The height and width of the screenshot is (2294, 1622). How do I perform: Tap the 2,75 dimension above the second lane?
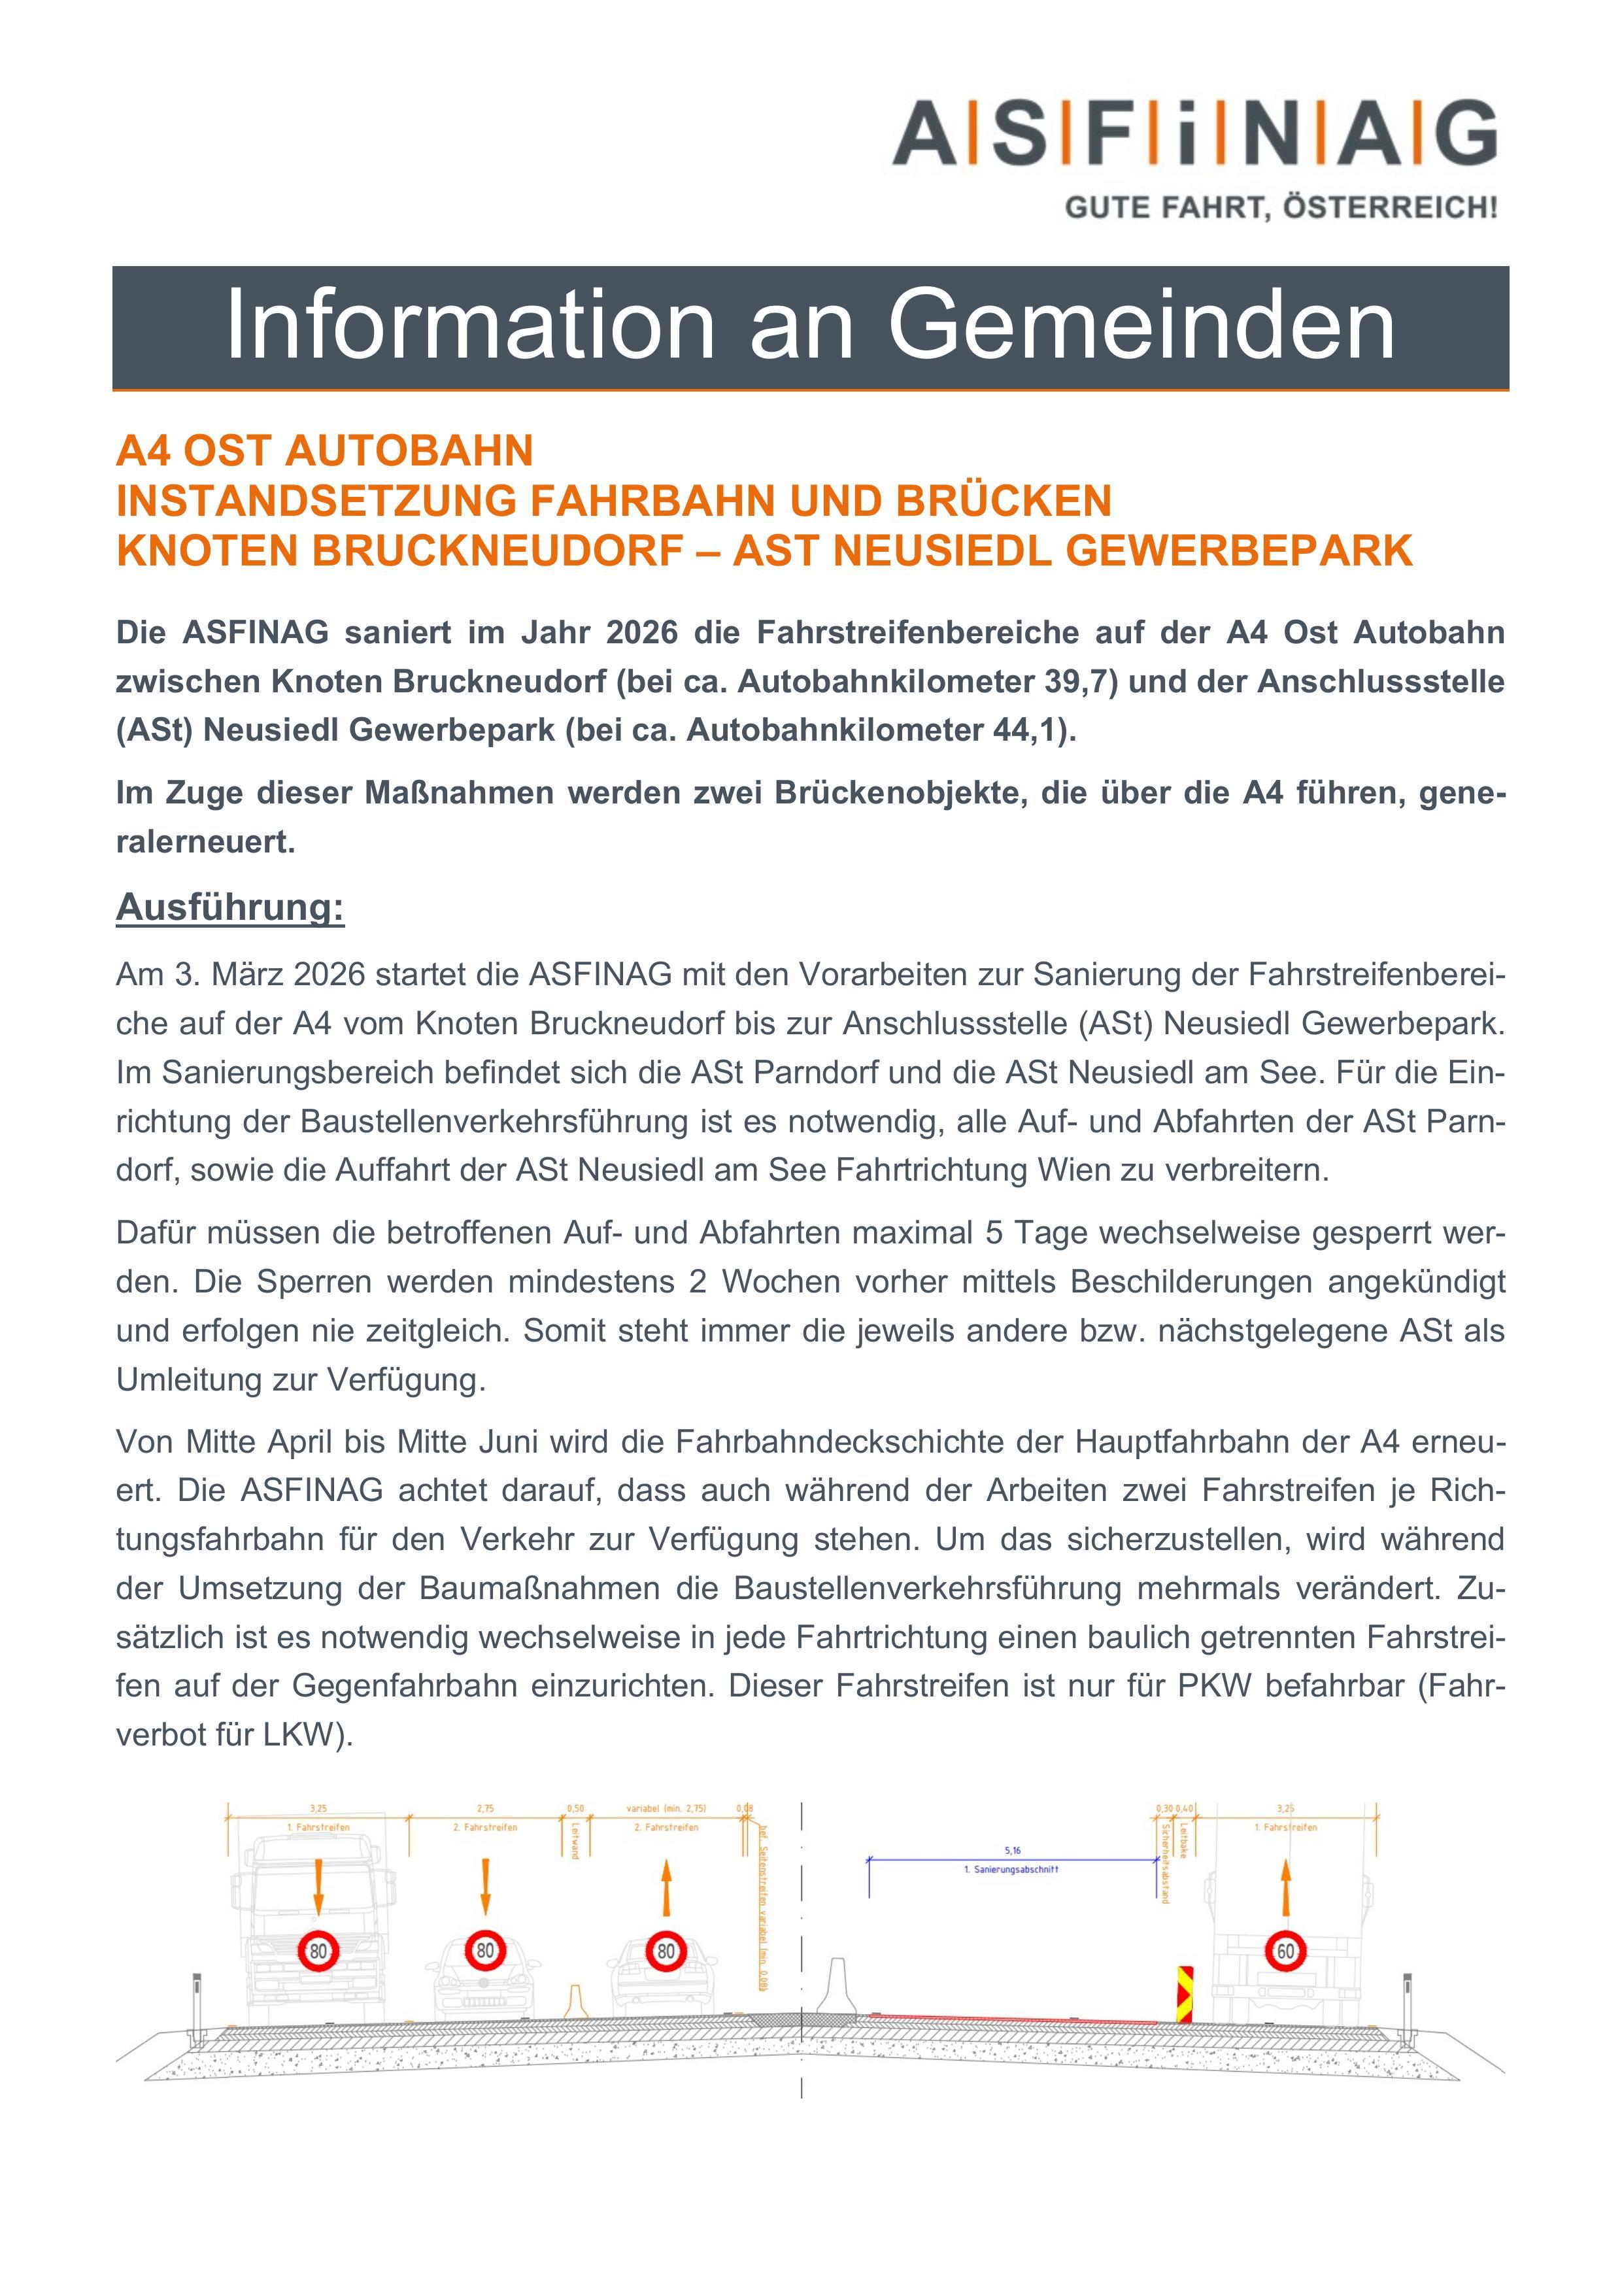point(484,1808)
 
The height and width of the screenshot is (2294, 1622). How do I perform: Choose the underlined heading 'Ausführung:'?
point(230,907)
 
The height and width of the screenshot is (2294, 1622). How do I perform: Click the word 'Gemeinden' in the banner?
point(1141,325)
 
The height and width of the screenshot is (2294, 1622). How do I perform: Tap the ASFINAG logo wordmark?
point(1194,133)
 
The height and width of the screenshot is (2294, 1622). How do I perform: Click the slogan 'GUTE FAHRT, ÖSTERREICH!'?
point(1281,208)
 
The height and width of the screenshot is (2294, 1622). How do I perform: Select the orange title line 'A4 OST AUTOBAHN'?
point(325,452)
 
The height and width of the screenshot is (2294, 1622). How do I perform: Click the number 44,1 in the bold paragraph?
point(1032,730)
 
